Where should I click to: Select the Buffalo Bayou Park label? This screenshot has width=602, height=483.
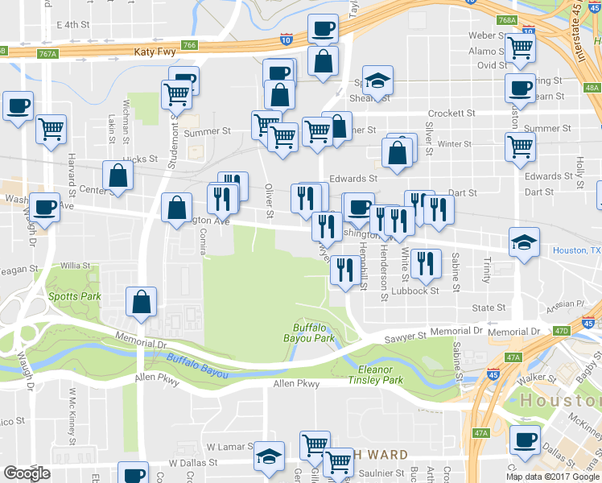click(x=313, y=332)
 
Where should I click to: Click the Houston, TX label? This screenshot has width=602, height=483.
click(x=575, y=251)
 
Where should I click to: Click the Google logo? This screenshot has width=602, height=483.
click(x=27, y=473)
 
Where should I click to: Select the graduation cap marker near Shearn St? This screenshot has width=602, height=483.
click(x=377, y=80)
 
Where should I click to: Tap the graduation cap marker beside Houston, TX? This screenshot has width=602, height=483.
click(x=524, y=243)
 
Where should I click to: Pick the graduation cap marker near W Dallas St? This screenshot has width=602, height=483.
click(x=269, y=457)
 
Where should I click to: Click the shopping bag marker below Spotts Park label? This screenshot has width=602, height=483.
click(x=141, y=303)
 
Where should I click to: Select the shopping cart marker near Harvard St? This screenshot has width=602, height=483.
click(x=51, y=129)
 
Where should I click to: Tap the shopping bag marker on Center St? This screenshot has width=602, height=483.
click(x=118, y=177)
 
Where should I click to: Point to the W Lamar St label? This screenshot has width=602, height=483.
click(x=224, y=446)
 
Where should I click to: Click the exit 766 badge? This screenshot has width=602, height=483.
click(x=189, y=45)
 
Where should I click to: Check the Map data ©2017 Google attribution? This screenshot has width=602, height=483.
click(x=552, y=477)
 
